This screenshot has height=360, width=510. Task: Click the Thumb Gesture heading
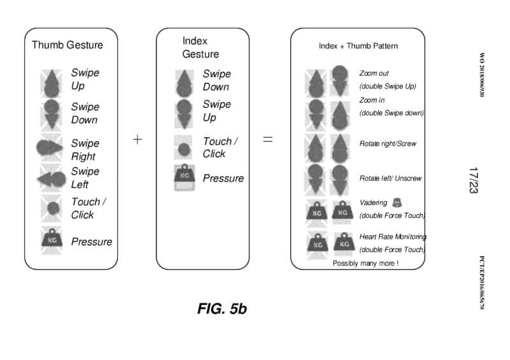coord(67,45)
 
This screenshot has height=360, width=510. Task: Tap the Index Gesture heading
coord(200,48)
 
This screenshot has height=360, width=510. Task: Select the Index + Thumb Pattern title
coord(358,47)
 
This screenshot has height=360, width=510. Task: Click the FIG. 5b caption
coord(222,309)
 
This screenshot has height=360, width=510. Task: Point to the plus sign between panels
coord(137,140)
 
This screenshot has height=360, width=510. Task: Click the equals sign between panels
coord(268,140)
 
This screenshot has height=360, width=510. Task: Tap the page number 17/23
coord(473,180)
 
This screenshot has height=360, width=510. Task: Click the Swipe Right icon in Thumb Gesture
coord(52,147)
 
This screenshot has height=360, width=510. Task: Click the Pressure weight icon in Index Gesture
coord(184,178)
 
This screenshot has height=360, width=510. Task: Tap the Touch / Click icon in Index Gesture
coord(184,149)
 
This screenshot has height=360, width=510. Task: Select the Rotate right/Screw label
coord(388,144)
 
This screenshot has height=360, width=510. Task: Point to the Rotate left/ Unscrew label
coord(390,178)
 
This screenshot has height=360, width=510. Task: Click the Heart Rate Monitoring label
coord(393,236)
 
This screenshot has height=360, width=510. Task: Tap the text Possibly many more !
coord(365,263)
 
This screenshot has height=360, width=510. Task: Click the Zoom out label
coord(374,74)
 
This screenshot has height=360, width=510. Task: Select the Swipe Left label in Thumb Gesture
coord(85,178)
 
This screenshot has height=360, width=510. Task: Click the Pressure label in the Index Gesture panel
coord(223,178)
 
